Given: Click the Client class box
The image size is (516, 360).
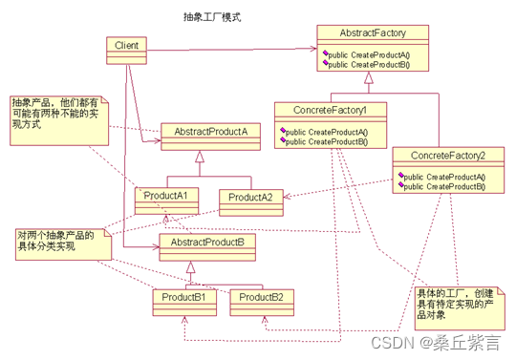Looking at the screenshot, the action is point(127,51).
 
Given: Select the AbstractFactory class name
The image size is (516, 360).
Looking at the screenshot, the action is point(373,32).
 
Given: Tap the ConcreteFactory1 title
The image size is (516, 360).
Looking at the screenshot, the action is point(330,110).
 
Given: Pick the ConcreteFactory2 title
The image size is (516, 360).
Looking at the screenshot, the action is point(448,156).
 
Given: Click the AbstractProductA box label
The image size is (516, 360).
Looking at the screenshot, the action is point(210,132).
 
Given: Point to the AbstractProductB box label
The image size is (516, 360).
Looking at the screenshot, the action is point(207,243).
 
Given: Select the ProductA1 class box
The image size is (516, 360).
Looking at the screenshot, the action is point(166,201).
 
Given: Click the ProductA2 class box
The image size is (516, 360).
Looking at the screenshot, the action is point(251,202).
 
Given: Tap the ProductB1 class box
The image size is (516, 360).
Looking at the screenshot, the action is point(184,303).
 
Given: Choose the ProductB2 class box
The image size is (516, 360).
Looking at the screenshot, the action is point(262,303).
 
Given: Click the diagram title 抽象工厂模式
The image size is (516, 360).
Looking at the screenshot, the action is point(212,17).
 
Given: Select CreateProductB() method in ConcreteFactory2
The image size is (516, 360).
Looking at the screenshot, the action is point(444,186).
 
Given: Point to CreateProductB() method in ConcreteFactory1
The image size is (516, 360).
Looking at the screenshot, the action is point(326,141).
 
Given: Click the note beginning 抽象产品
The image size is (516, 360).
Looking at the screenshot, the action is point(59,120).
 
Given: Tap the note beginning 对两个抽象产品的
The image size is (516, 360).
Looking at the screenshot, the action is point(63,244).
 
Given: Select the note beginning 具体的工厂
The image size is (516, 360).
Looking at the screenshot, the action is point(460,308).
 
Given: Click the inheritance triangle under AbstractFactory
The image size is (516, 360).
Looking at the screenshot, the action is point(369,77).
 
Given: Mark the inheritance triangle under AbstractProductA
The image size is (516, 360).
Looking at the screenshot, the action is point(200,157).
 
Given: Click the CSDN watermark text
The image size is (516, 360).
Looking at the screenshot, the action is point(436,343).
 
